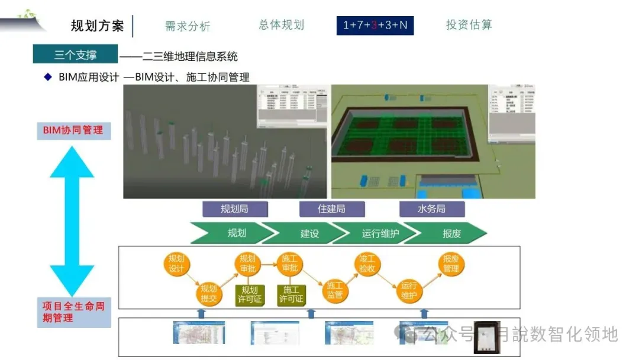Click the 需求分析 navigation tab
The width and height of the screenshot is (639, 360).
click(188, 26)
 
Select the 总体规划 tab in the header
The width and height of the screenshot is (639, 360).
click(281, 25)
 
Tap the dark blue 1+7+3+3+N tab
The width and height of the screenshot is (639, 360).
click(375, 25)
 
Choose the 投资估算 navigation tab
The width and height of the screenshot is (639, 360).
click(469, 25)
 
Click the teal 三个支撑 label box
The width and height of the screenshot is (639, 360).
click(75, 54)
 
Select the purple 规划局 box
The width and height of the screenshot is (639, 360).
click(235, 209)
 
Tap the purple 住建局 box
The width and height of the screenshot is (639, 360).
click(331, 209)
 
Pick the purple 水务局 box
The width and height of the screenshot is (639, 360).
click(431, 209)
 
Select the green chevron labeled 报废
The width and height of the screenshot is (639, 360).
click(451, 233)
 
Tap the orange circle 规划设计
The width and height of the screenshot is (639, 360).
click(176, 263)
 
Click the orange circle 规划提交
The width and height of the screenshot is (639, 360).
click(208, 293)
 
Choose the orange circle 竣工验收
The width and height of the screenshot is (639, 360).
click(367, 263)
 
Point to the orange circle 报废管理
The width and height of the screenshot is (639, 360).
click(451, 263)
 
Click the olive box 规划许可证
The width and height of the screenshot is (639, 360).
click(250, 294)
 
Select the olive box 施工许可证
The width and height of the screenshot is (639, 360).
click(291, 294)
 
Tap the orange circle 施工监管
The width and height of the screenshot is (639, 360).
click(335, 290)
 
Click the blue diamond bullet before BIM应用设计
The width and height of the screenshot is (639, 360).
click(48, 77)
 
